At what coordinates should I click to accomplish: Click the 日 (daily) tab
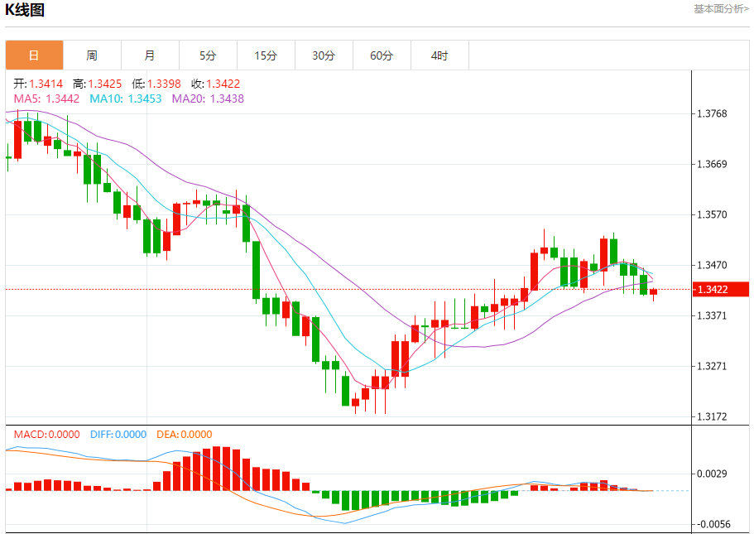34,55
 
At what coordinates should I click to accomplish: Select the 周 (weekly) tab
92,55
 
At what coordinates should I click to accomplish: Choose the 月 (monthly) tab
150,55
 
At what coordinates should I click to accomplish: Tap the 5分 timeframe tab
208,55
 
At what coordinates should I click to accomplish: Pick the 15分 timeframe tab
266,55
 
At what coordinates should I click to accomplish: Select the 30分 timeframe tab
324,55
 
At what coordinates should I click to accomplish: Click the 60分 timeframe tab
382,55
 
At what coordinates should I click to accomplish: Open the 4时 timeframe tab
439,55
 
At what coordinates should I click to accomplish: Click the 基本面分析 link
720,8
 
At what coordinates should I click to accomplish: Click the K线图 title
26,10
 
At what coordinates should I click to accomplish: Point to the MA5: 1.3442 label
47,99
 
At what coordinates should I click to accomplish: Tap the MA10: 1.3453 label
126,99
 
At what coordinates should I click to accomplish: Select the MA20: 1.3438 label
208,99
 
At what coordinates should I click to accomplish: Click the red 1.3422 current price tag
723,290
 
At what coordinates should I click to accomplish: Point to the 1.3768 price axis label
712,113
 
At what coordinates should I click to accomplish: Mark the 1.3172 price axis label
712,416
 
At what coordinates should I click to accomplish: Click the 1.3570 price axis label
712,214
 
